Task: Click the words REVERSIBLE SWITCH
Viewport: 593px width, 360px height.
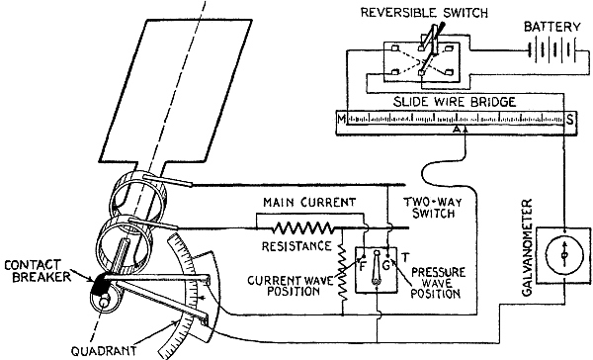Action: [x=424, y=13]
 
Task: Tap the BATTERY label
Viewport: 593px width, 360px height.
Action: [x=551, y=27]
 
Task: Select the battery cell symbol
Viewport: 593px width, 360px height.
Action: [x=552, y=49]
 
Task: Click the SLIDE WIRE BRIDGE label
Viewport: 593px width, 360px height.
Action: [x=455, y=102]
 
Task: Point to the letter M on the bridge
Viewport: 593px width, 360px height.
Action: [x=342, y=120]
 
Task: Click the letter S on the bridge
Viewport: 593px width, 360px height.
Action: [x=570, y=120]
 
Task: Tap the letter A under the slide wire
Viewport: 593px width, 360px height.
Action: [x=457, y=130]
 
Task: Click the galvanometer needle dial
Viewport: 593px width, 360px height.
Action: [x=564, y=255]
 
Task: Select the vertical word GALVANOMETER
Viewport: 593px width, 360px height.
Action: [x=527, y=247]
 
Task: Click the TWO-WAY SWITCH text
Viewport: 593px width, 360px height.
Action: [x=433, y=208]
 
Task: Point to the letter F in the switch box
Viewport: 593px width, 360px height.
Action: [x=363, y=266]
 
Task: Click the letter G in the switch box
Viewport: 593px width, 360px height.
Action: [x=385, y=265]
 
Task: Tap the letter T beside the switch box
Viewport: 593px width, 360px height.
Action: [x=405, y=258]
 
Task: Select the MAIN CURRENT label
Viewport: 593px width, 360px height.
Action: [x=309, y=202]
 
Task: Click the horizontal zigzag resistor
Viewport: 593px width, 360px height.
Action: [x=302, y=227]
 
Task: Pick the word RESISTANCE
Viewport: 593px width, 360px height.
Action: [x=296, y=246]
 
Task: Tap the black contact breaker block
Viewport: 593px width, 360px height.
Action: [x=99, y=285]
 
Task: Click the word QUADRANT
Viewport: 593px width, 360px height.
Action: [x=104, y=351]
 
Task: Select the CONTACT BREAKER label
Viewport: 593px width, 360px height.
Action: [x=38, y=270]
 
